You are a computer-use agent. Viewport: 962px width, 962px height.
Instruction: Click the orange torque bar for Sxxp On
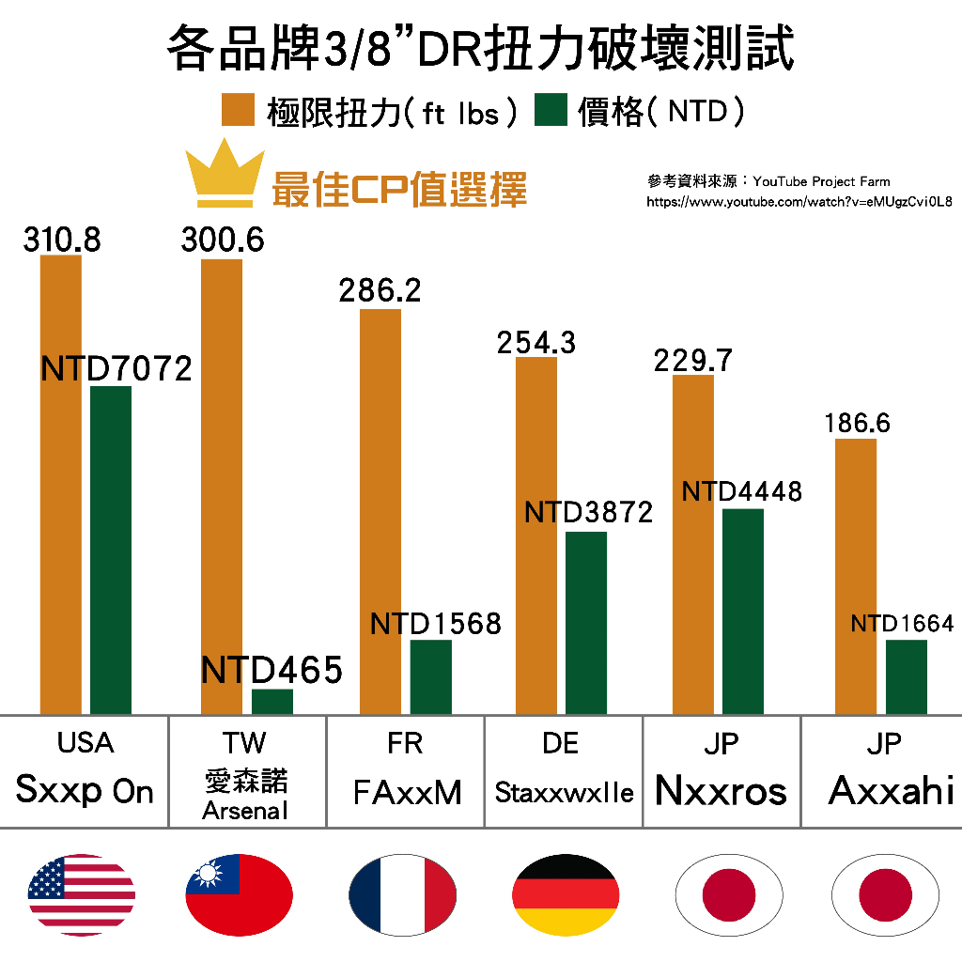coord(61,484)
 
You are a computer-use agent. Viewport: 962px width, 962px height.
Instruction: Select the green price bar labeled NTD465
coord(272,702)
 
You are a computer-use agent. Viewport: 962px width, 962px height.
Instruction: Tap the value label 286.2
coord(380,290)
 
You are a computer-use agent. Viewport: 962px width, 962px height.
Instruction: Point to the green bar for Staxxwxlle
coord(586,622)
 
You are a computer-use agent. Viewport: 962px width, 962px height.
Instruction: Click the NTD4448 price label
coord(742,491)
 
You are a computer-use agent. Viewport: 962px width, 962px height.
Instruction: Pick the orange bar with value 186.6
coord(855,575)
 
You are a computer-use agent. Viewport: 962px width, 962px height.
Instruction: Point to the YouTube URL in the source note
coord(799,202)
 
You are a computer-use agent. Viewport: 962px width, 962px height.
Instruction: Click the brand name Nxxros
coord(721,791)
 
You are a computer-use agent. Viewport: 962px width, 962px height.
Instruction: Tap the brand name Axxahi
coord(891,791)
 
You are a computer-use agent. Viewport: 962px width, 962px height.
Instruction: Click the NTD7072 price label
coord(116,368)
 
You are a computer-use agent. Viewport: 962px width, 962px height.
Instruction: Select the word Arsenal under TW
coord(245,810)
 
